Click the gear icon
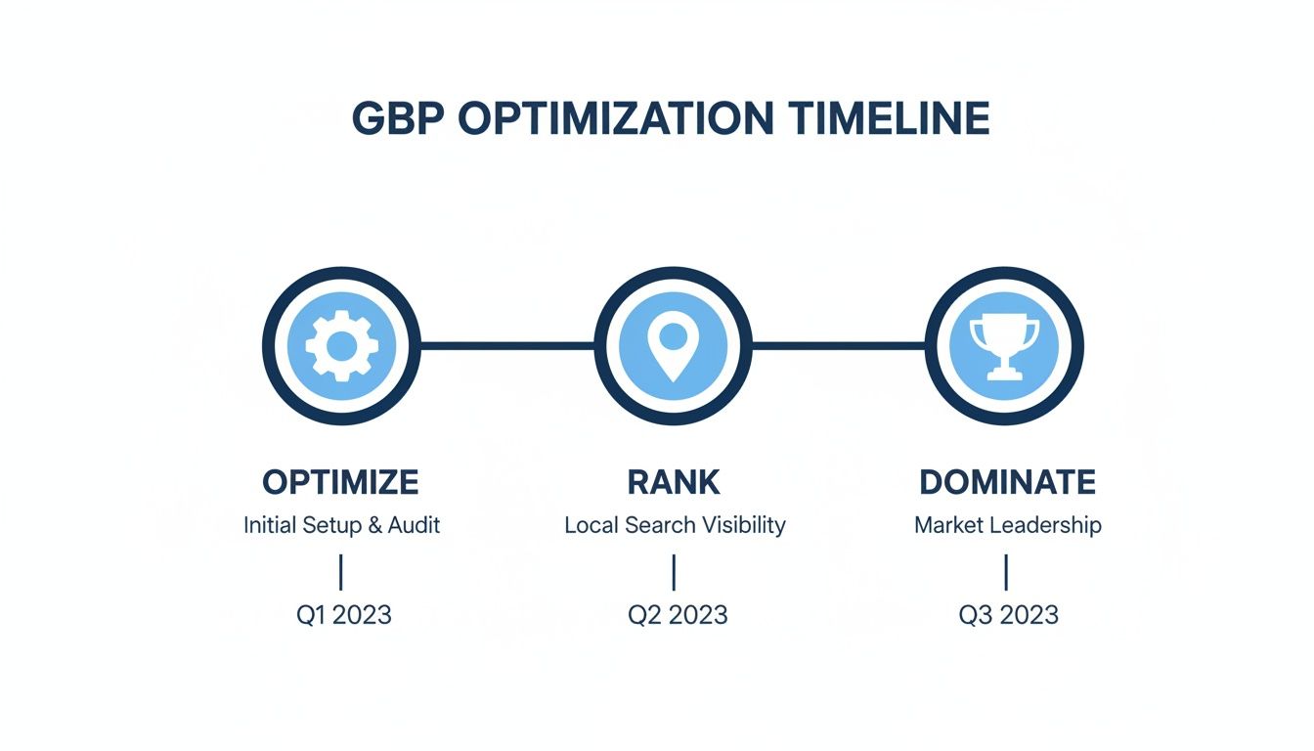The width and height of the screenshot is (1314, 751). click(x=341, y=345)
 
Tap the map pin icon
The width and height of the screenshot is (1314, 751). click(x=673, y=345)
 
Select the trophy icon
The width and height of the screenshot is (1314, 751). click(x=1004, y=345)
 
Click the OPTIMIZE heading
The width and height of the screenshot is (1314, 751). click(x=341, y=482)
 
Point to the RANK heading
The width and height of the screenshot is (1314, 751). click(x=674, y=482)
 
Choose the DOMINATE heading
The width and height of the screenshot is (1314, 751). click(x=1007, y=482)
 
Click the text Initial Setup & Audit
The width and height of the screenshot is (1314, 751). click(x=341, y=525)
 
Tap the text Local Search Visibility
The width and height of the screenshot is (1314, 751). click(x=675, y=525)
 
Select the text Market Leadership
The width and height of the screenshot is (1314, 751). click(x=1007, y=525)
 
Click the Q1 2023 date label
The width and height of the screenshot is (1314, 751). click(x=343, y=614)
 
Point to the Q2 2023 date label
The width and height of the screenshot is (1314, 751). click(x=678, y=614)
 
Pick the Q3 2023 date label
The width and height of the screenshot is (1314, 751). click(x=1009, y=614)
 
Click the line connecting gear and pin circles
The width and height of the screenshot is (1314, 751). click(x=506, y=345)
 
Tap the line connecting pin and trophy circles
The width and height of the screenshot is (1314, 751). click(x=838, y=345)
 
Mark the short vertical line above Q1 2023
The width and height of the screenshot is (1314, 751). click(x=340, y=572)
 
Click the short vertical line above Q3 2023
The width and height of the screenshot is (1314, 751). click(x=1006, y=572)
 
